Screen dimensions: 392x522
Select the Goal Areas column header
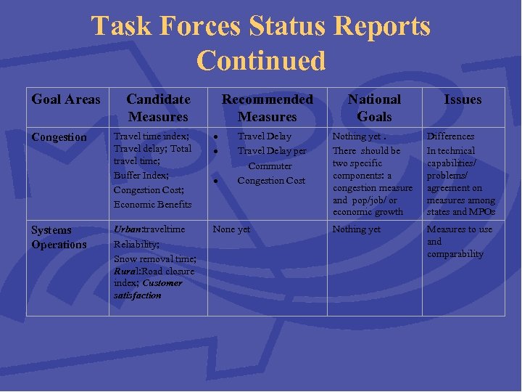coord(66,99)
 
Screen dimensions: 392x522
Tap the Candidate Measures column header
coord(158,108)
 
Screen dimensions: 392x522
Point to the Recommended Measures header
coord(268,108)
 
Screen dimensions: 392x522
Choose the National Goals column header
coord(374,108)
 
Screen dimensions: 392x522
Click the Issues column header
coord(463,99)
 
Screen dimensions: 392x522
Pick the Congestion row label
coord(59,137)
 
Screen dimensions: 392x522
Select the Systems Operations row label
coord(59,237)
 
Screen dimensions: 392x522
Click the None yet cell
coord(231,229)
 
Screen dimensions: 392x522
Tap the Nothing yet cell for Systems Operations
coord(356,229)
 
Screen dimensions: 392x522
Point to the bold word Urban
coord(128,229)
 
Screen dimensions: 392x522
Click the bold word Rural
coord(126,271)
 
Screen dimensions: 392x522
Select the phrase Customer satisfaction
coord(149,289)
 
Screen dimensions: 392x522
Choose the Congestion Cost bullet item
coord(272,181)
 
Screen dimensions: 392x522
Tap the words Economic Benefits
coord(152,204)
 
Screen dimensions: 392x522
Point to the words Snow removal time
coord(154,259)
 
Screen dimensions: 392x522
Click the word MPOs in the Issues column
coord(482,212)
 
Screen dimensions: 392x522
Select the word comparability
coord(455,254)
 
